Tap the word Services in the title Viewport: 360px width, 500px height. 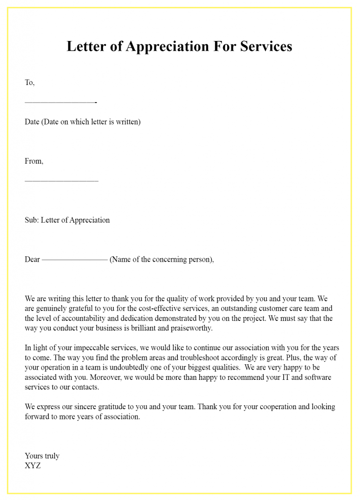tap(262, 46)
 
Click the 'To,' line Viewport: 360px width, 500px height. tap(30, 83)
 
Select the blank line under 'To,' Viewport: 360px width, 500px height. tap(61, 103)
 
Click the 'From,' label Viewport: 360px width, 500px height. tap(34, 161)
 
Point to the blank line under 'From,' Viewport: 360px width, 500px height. tap(62, 181)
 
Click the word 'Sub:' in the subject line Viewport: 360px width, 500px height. tap(32, 220)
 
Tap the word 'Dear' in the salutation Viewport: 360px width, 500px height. tap(32, 259)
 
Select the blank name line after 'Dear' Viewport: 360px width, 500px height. tap(75, 260)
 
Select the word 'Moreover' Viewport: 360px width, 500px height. tap(112, 377)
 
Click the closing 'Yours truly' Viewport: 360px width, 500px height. tap(42, 456)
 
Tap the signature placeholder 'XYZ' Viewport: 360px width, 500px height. tap(33, 466)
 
